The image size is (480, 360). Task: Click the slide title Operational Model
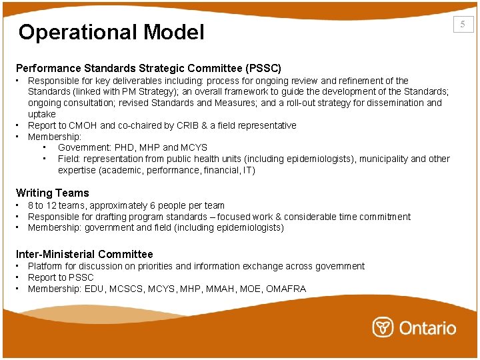tap(111, 32)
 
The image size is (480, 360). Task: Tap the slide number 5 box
tap(463, 25)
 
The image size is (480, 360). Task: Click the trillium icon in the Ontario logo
tap(383, 327)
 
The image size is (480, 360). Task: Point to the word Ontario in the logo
tap(427, 328)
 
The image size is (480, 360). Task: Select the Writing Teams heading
tap(53, 193)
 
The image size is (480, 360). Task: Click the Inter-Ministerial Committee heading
tap(85, 254)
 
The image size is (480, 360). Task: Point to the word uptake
tap(42, 114)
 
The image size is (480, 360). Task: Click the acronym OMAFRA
tap(285, 289)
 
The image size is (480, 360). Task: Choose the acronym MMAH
tap(217, 289)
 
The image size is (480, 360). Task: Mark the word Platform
tap(45, 266)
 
